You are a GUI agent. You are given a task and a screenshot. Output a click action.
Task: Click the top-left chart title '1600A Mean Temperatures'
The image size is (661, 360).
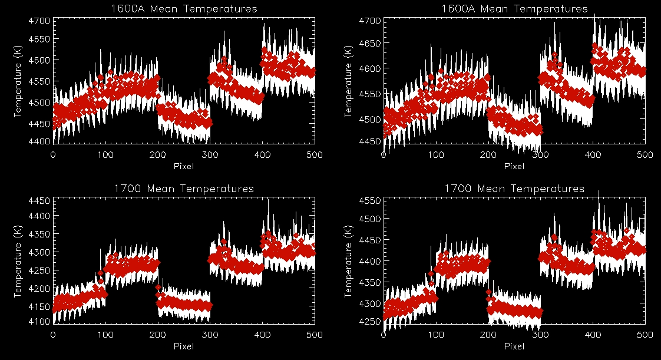[x=184, y=9]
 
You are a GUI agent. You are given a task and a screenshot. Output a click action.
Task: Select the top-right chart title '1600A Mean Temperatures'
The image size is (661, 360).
[x=514, y=9]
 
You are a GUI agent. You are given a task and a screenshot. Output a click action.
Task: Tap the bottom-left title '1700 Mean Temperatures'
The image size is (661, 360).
[x=184, y=189]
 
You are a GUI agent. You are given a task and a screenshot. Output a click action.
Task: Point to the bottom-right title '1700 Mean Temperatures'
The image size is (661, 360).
[x=514, y=189]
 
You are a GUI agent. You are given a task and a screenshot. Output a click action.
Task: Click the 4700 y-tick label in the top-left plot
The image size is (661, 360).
[x=39, y=21]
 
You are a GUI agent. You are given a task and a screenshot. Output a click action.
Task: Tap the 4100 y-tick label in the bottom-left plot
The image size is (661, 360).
[x=39, y=322]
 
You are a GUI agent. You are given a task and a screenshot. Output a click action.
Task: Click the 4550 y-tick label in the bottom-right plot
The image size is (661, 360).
[x=369, y=201]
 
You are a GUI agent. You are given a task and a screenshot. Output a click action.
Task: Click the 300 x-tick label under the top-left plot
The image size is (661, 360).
[x=210, y=155]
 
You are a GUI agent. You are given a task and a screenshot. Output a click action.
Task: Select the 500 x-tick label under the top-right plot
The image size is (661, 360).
[x=645, y=155]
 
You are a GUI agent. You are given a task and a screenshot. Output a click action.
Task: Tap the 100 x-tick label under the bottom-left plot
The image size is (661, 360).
[x=105, y=335]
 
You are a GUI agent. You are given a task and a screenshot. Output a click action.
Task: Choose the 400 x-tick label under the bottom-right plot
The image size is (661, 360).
[x=593, y=335]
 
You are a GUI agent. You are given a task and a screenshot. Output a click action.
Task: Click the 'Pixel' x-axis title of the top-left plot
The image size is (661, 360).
[x=184, y=166]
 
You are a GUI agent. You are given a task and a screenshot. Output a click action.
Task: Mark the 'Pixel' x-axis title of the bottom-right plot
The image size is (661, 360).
[x=514, y=346]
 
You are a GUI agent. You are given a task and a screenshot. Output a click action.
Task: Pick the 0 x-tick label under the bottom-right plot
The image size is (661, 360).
[x=384, y=335]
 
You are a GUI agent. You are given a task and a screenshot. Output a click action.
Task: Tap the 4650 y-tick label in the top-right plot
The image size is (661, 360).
[x=369, y=44]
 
